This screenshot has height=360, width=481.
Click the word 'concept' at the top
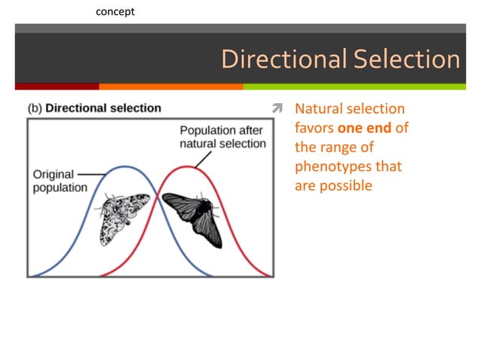pyautogui.click(x=116, y=11)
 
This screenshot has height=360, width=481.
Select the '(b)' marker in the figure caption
pyautogui.click(x=35, y=108)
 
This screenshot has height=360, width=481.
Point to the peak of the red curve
pyautogui.click(x=191, y=166)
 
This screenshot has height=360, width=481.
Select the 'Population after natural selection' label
pyautogui.click(x=222, y=136)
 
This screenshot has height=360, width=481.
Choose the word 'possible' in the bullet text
pyautogui.click(x=346, y=185)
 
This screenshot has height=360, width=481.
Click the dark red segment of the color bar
pyautogui.click(x=57, y=87)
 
